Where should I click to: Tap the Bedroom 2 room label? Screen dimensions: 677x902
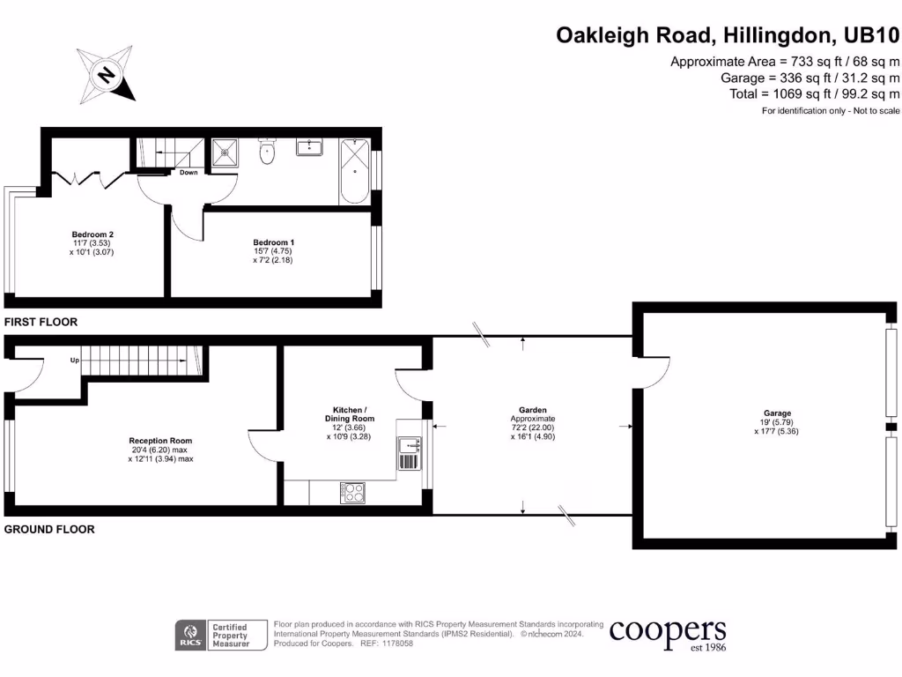92,243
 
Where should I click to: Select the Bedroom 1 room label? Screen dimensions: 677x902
273,251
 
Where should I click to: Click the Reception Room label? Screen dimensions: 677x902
160,450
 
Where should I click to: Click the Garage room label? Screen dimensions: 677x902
777,422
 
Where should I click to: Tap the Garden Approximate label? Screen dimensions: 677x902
532,422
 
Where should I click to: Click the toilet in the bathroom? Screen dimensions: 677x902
268,153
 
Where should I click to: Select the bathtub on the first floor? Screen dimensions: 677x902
354,170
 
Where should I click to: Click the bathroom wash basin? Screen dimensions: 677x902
309,146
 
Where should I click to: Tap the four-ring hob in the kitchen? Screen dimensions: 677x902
352,493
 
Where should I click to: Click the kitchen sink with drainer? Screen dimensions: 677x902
410,453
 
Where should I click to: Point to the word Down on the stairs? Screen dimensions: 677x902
189,173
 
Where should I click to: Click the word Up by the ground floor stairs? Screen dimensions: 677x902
77,361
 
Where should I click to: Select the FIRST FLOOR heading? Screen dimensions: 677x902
41,323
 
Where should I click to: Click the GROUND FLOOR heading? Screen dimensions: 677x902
49,530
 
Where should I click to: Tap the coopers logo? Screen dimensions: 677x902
668,634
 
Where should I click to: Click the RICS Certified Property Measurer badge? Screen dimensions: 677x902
215,635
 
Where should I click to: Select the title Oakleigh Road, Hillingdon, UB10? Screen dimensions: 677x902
728,35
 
